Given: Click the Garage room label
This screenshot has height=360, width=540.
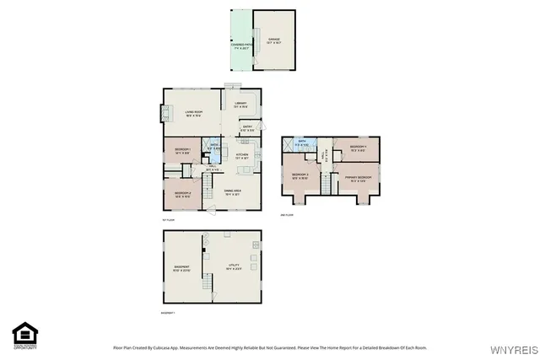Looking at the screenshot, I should (x=273, y=40).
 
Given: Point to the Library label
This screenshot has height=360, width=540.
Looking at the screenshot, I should (x=240, y=105).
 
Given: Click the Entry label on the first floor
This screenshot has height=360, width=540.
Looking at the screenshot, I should (x=247, y=129).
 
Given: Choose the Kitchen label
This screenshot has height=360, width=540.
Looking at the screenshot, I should (x=241, y=156).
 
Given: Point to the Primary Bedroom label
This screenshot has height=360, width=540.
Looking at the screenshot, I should (x=359, y=178).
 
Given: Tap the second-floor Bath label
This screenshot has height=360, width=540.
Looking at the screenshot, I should (x=300, y=144).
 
